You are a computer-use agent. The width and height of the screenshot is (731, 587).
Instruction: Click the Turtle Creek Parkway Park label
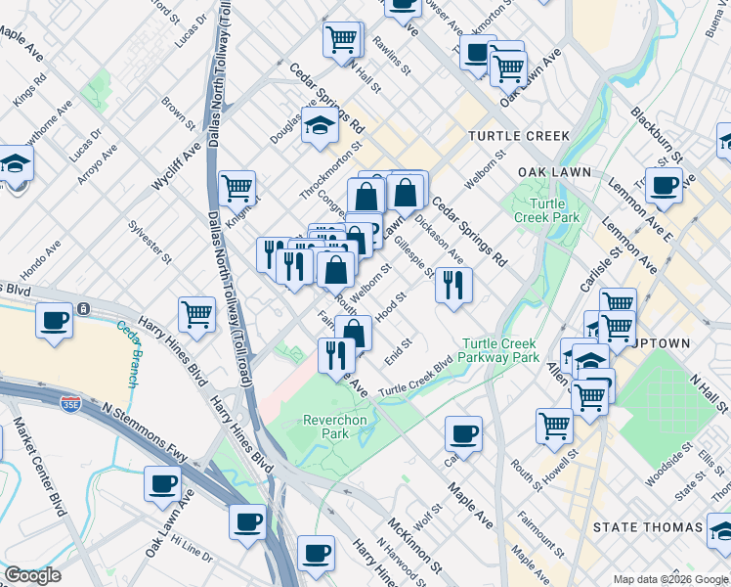click(500, 350)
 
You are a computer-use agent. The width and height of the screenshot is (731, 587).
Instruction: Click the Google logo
click(32, 575)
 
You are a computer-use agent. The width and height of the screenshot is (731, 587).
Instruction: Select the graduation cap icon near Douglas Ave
click(319, 125)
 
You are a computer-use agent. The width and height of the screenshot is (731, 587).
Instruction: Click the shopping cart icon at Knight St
click(237, 186)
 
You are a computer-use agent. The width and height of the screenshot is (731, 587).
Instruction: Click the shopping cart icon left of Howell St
click(554, 425)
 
